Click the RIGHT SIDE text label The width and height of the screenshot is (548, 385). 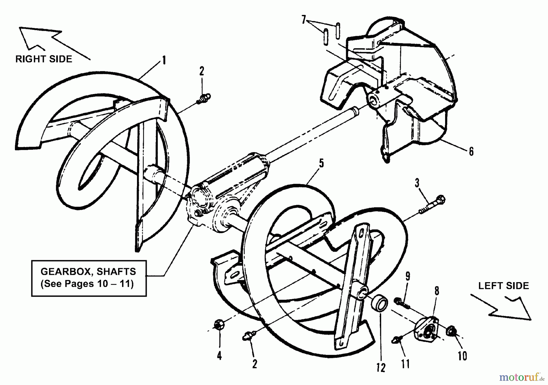44,59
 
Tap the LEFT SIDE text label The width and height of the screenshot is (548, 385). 504,286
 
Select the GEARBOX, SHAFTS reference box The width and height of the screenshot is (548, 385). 89,278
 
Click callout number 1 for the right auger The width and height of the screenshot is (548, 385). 164,60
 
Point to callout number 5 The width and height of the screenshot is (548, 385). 321,163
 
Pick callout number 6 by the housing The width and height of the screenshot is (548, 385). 471,151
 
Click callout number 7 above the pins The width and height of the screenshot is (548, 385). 303,20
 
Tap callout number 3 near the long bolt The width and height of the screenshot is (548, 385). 417,183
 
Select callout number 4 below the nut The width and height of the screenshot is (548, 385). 219,355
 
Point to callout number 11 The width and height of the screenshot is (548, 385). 405,364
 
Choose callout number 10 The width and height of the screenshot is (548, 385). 462,355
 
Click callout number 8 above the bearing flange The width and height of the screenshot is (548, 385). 437,291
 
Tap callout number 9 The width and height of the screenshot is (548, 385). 407,276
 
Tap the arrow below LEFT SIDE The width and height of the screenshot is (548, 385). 502,307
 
